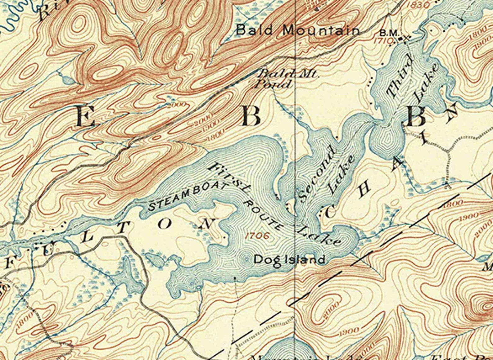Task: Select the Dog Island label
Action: (289, 259)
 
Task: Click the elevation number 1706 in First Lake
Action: (257, 235)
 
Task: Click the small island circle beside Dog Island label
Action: (246, 258)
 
